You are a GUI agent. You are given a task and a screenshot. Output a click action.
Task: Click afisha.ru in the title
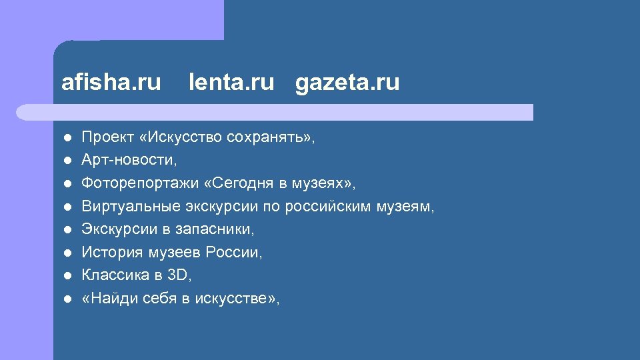[111, 83]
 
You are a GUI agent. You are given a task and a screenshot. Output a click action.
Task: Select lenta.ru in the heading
[231, 83]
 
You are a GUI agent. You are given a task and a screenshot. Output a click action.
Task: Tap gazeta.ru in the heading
[347, 83]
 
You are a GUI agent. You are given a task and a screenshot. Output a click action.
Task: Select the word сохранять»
[270, 138]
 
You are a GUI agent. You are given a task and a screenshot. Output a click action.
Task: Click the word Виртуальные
[124, 207]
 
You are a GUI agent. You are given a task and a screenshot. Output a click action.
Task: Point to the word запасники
[215, 229]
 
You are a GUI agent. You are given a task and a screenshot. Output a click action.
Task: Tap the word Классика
[110, 275]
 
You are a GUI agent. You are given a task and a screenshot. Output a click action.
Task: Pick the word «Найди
[108, 299]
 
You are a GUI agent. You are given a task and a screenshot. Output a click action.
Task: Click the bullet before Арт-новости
[67, 161]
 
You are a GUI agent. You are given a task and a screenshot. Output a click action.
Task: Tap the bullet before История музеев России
[67, 253]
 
